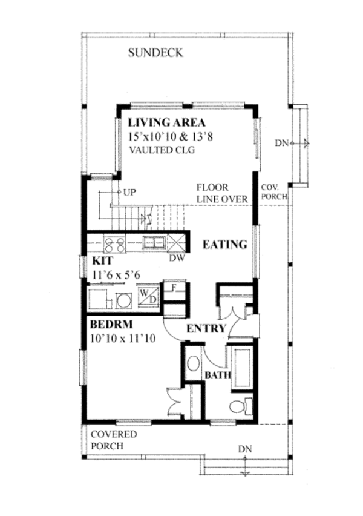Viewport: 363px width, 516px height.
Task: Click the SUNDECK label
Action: tap(155, 53)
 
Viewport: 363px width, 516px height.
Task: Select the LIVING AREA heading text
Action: tap(166, 122)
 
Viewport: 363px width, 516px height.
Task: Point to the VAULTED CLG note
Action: tap(161, 150)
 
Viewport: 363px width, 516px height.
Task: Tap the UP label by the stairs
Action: tap(128, 192)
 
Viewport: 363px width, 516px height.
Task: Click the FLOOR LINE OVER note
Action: tap(221, 193)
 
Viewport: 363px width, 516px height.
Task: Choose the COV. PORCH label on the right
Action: tap(274, 193)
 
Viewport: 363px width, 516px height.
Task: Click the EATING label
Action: tap(224, 245)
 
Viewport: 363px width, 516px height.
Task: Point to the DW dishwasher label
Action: tap(177, 259)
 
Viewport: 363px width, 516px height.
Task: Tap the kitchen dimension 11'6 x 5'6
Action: tap(117, 275)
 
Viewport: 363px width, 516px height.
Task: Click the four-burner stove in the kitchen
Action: tap(115, 244)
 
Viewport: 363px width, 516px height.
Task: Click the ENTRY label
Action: tap(206, 329)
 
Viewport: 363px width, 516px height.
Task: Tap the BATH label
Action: tap(217, 375)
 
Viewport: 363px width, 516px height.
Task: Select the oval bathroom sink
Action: tap(194, 365)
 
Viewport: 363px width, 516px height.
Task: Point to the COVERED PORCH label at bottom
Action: tap(114, 440)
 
